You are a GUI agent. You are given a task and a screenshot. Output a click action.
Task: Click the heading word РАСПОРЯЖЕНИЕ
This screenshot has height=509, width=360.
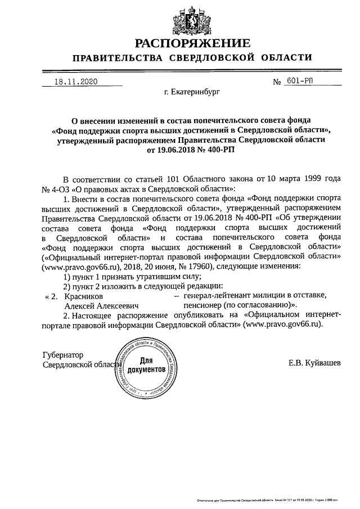pos(192,43)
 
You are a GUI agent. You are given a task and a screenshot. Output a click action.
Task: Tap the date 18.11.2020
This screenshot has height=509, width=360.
pos(75,82)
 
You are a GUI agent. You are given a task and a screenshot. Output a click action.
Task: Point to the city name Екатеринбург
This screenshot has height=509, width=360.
pos(192,89)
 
